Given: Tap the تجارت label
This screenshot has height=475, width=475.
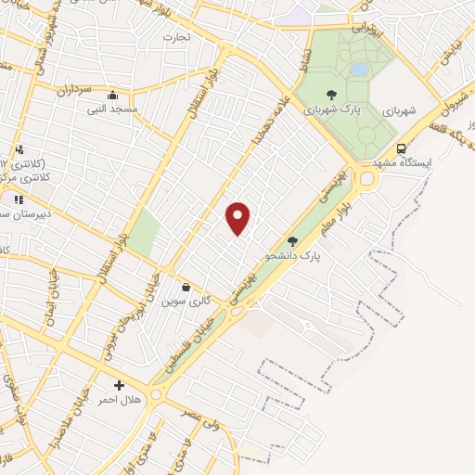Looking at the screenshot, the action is click(x=176, y=38).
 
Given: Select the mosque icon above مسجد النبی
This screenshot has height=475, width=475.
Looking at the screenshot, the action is click(x=113, y=95).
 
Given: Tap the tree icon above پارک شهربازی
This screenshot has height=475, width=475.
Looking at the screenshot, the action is click(x=331, y=94).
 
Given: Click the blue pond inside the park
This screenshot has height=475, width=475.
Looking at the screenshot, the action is click(x=358, y=69).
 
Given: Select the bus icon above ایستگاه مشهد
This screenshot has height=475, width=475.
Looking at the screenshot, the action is click(x=401, y=148).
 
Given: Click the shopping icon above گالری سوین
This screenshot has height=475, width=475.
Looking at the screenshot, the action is click(x=186, y=287).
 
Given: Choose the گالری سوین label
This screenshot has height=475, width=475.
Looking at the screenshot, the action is click(x=184, y=302).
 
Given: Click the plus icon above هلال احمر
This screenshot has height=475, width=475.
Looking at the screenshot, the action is click(x=119, y=385).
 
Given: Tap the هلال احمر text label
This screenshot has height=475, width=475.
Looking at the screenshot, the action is click(x=119, y=400).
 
